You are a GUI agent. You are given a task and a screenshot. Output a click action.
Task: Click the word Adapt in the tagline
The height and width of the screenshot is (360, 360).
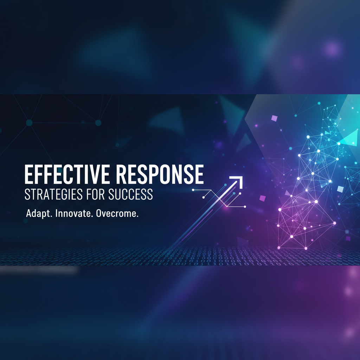pos(36,214)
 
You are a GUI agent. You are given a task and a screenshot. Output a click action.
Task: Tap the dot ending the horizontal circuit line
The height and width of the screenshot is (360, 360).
pos(245,206)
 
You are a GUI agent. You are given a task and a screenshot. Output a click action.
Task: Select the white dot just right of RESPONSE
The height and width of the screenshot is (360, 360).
pos(193,190)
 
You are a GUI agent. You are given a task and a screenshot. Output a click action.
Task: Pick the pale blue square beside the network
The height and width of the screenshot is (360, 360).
pos(340,189)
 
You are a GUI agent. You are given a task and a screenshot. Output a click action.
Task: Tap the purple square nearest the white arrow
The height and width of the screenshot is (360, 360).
pos(262,198)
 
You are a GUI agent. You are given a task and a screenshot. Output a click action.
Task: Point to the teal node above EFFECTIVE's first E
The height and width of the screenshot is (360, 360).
pos(29,123)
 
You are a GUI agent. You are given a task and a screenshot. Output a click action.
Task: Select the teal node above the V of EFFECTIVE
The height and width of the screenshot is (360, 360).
pos(98,123)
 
